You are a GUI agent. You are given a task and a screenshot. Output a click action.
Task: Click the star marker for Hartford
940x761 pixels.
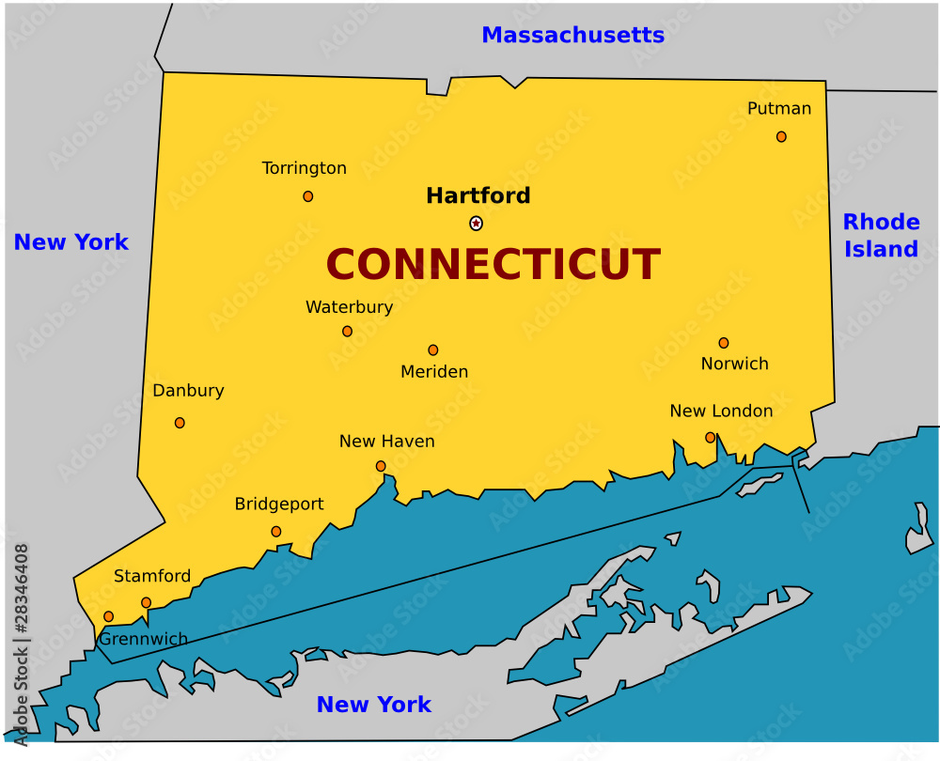point(476,224)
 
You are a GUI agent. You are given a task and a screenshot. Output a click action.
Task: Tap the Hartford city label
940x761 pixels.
point(478,195)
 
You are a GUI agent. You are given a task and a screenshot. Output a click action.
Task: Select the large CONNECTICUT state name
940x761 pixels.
point(493,265)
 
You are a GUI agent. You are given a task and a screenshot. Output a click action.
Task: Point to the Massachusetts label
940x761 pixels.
point(572,36)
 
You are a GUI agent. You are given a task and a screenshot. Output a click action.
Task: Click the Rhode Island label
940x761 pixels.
point(881,236)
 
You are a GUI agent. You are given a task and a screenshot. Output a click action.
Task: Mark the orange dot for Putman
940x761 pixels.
point(781,137)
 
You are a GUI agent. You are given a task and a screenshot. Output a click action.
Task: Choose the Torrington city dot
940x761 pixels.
point(307,196)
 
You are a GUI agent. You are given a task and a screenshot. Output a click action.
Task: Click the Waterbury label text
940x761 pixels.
point(349,307)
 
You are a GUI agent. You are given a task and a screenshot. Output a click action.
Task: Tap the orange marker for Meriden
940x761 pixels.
point(432,350)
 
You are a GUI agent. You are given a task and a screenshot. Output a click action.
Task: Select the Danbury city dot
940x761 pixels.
point(180,423)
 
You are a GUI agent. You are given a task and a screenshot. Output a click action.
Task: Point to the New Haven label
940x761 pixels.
point(386,442)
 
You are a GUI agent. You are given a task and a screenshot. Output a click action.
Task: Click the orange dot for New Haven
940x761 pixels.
point(381,466)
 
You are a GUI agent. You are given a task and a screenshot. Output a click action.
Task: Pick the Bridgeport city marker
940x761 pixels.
point(275,532)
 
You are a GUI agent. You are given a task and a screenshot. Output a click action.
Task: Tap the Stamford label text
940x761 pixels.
point(152,576)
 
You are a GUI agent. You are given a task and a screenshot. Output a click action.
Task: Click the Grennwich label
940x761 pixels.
point(144,639)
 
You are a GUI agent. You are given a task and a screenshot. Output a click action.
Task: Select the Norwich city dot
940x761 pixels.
point(724,343)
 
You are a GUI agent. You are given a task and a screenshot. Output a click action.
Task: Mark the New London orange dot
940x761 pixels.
point(710,437)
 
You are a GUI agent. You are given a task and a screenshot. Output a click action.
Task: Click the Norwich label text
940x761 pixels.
point(734,364)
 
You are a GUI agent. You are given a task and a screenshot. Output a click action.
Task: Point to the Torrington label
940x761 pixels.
point(304,168)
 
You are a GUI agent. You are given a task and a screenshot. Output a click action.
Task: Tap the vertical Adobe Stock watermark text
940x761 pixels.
point(21,644)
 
